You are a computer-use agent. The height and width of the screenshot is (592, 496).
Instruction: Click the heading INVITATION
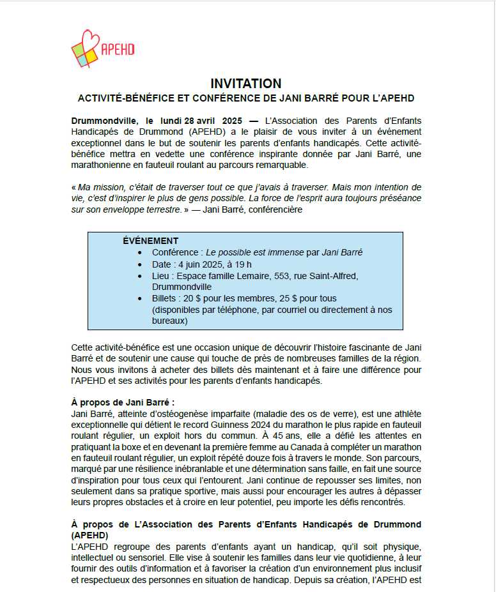coord(246,84)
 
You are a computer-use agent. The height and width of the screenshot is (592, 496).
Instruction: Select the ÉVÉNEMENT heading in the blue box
coord(150,241)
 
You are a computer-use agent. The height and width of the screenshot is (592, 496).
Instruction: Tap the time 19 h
coord(242,264)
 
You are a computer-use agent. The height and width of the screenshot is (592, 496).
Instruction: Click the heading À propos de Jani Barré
coord(123,402)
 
